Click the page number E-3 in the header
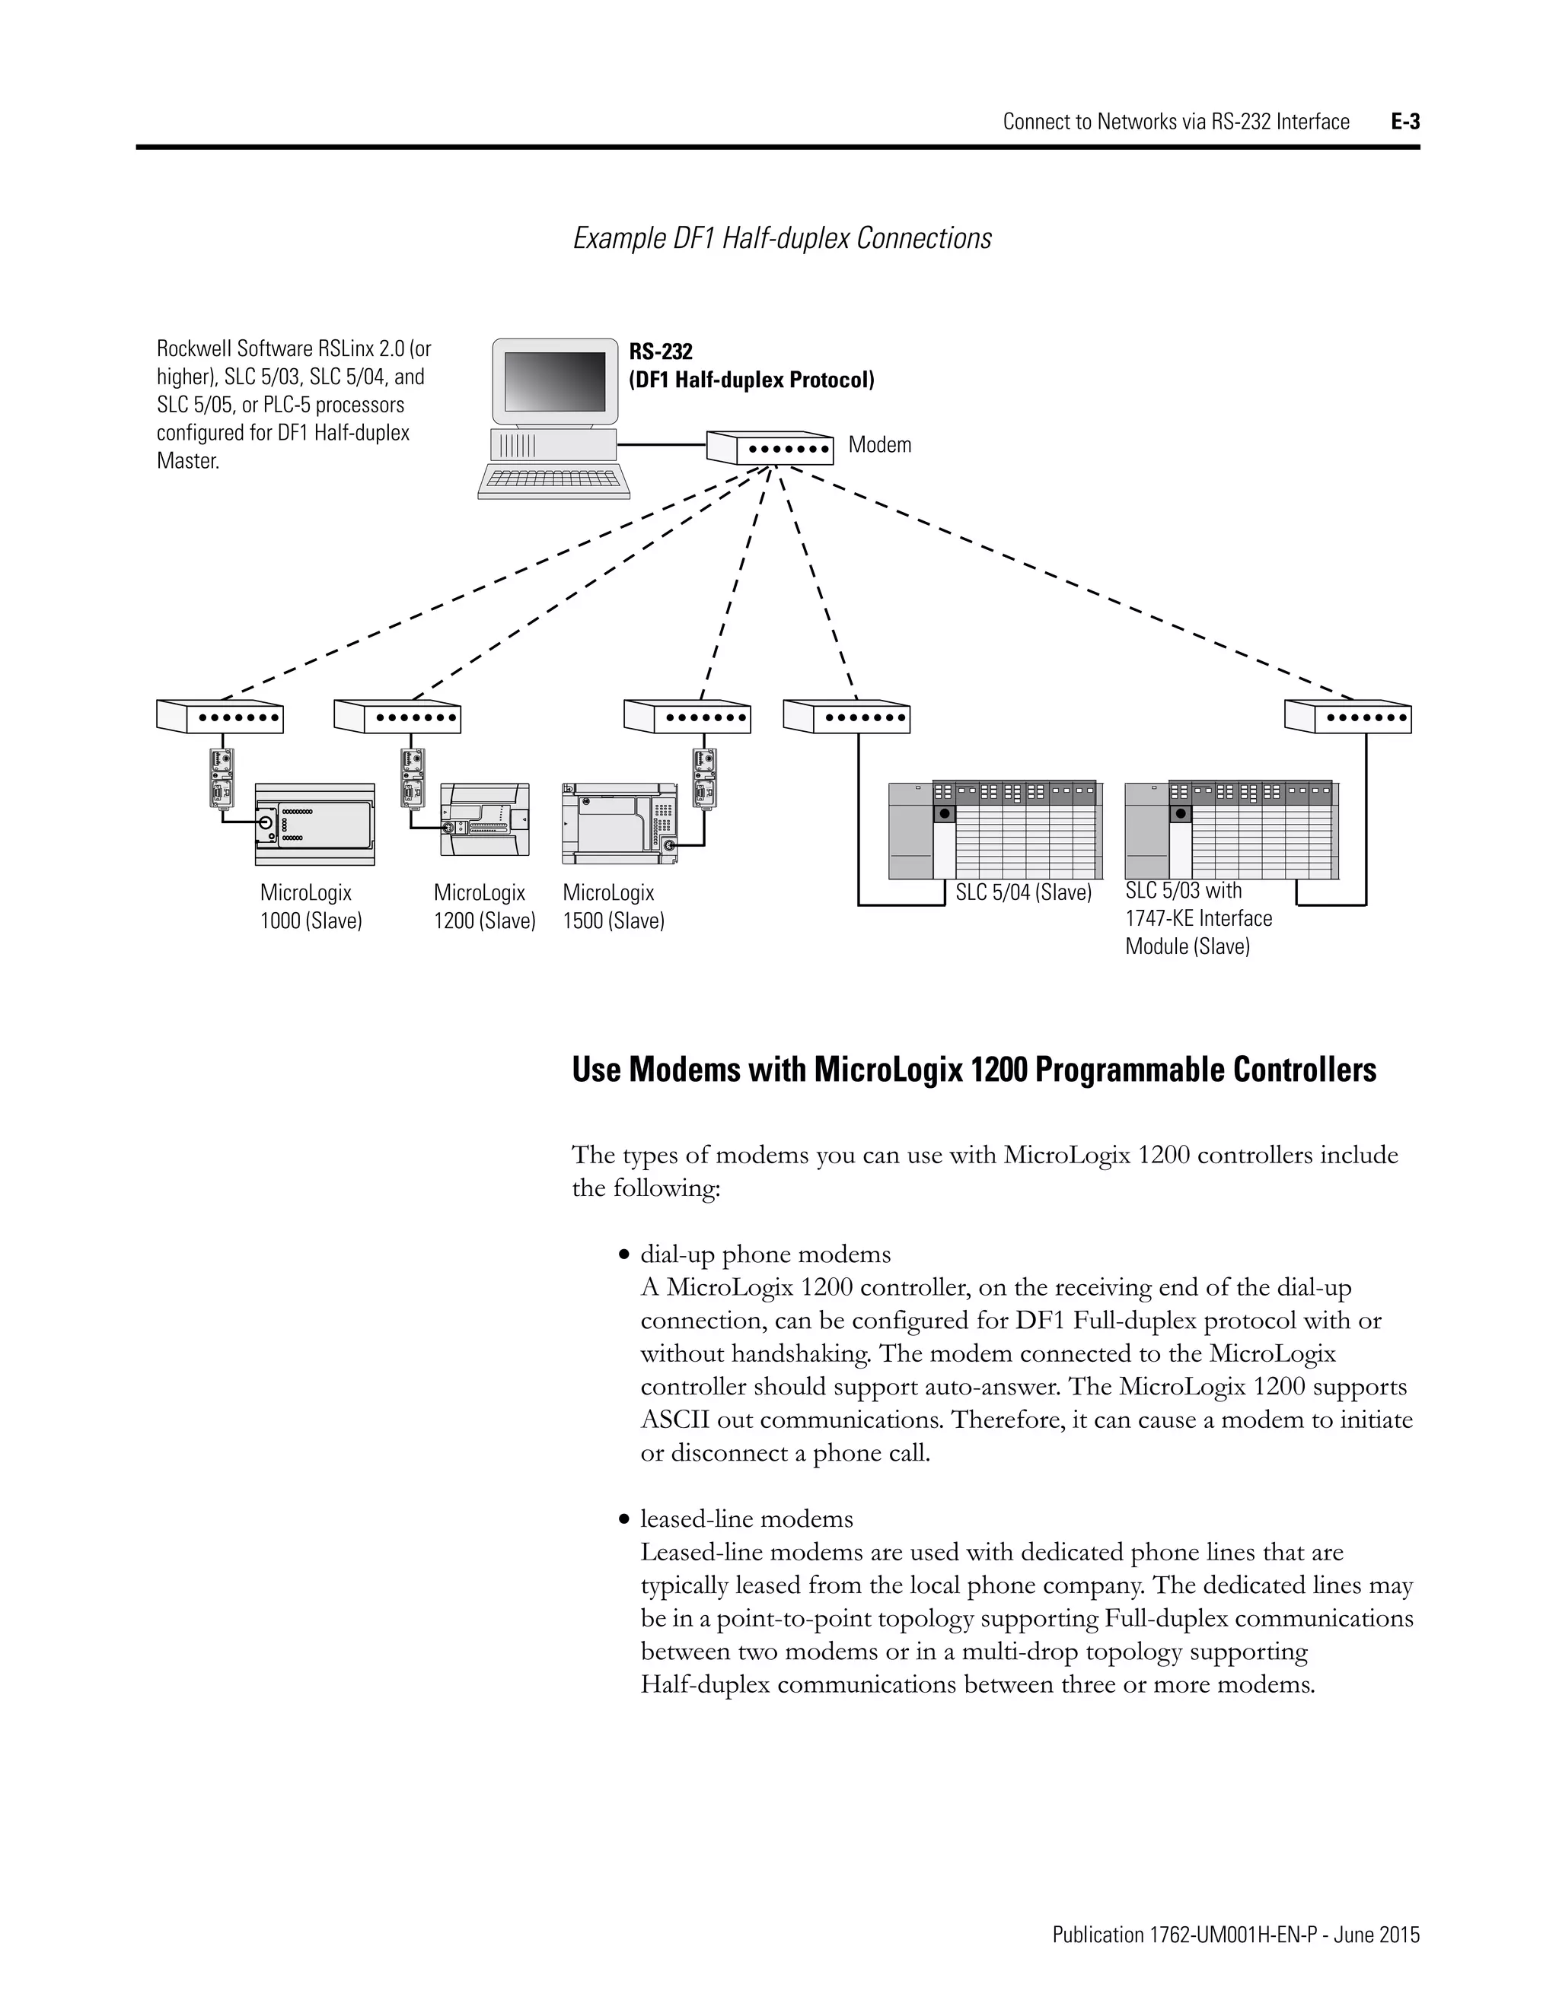coord(1404,122)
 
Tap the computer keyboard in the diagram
coord(554,479)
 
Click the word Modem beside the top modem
coord(879,445)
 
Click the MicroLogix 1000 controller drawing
coord(315,823)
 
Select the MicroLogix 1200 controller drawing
coord(485,822)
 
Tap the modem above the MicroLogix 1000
coord(220,717)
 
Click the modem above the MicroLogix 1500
coord(687,717)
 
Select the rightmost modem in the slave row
coord(1347,717)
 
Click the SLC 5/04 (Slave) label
coord(1023,892)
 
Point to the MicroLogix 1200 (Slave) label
coord(484,907)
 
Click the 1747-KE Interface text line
coord(1198,918)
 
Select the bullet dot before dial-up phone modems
coord(625,1255)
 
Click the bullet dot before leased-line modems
coord(625,1520)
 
